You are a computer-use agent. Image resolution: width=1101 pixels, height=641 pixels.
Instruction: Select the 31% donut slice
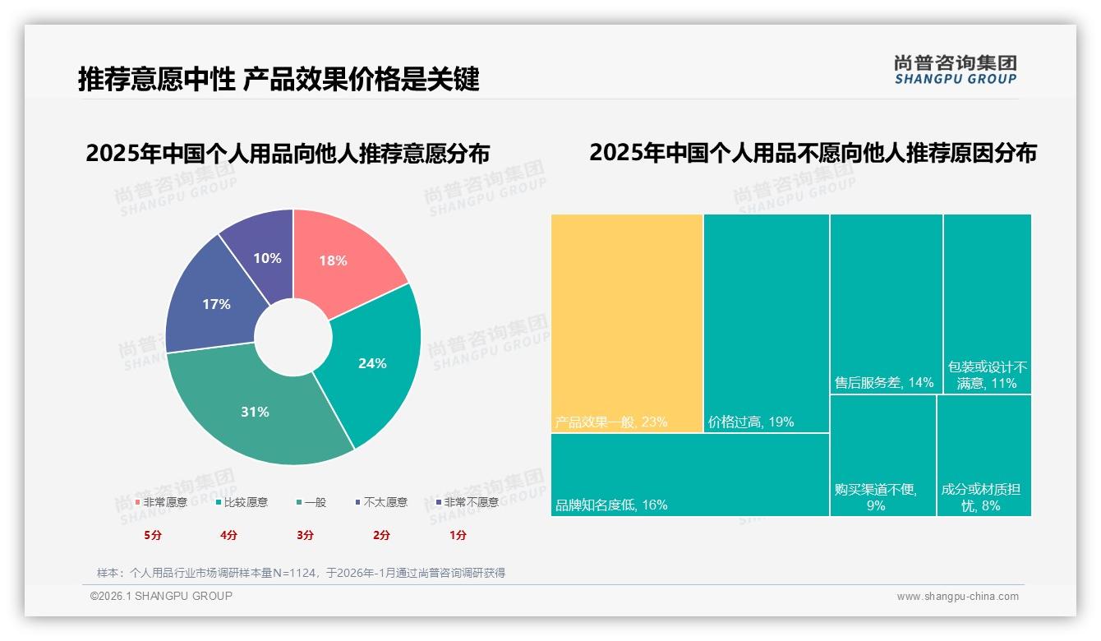coord(255,412)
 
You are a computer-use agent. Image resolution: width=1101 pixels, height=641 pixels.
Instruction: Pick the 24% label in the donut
coord(372,363)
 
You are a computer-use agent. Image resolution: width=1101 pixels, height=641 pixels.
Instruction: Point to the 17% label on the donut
coord(216,304)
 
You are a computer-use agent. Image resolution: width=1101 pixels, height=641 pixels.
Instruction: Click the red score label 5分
coord(153,535)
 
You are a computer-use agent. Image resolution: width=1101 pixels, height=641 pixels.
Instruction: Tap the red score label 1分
coord(458,535)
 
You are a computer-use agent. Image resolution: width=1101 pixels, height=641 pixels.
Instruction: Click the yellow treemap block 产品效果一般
coord(627,320)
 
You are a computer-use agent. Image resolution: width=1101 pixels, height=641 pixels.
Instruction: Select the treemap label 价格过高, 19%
coord(750,422)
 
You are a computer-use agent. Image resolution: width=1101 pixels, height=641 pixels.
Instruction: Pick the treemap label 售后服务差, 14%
coord(884,383)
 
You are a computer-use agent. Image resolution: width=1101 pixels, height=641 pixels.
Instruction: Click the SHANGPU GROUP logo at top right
coord(955,69)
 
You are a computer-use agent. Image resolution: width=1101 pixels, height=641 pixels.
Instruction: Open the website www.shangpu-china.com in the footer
coord(957,597)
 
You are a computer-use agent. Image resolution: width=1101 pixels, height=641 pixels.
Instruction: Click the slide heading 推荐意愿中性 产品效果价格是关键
coord(279,80)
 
